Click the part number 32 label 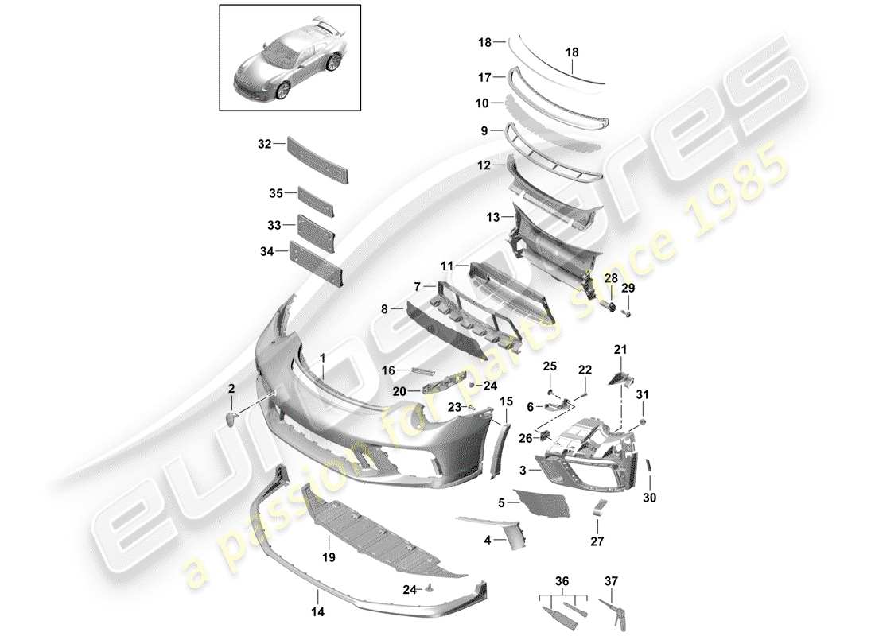264,144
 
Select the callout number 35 275,193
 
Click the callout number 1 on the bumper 323,359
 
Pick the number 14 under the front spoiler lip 319,613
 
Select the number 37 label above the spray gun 611,580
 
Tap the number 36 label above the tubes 562,580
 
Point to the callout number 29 628,287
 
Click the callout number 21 620,350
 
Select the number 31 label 642,394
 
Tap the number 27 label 597,542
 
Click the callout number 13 492,216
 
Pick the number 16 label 388,370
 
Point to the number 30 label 650,498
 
